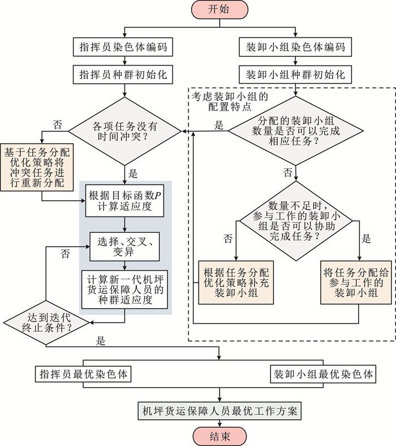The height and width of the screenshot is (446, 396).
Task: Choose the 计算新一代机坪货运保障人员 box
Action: point(124,289)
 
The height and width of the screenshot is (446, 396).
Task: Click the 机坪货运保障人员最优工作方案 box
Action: point(219,409)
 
